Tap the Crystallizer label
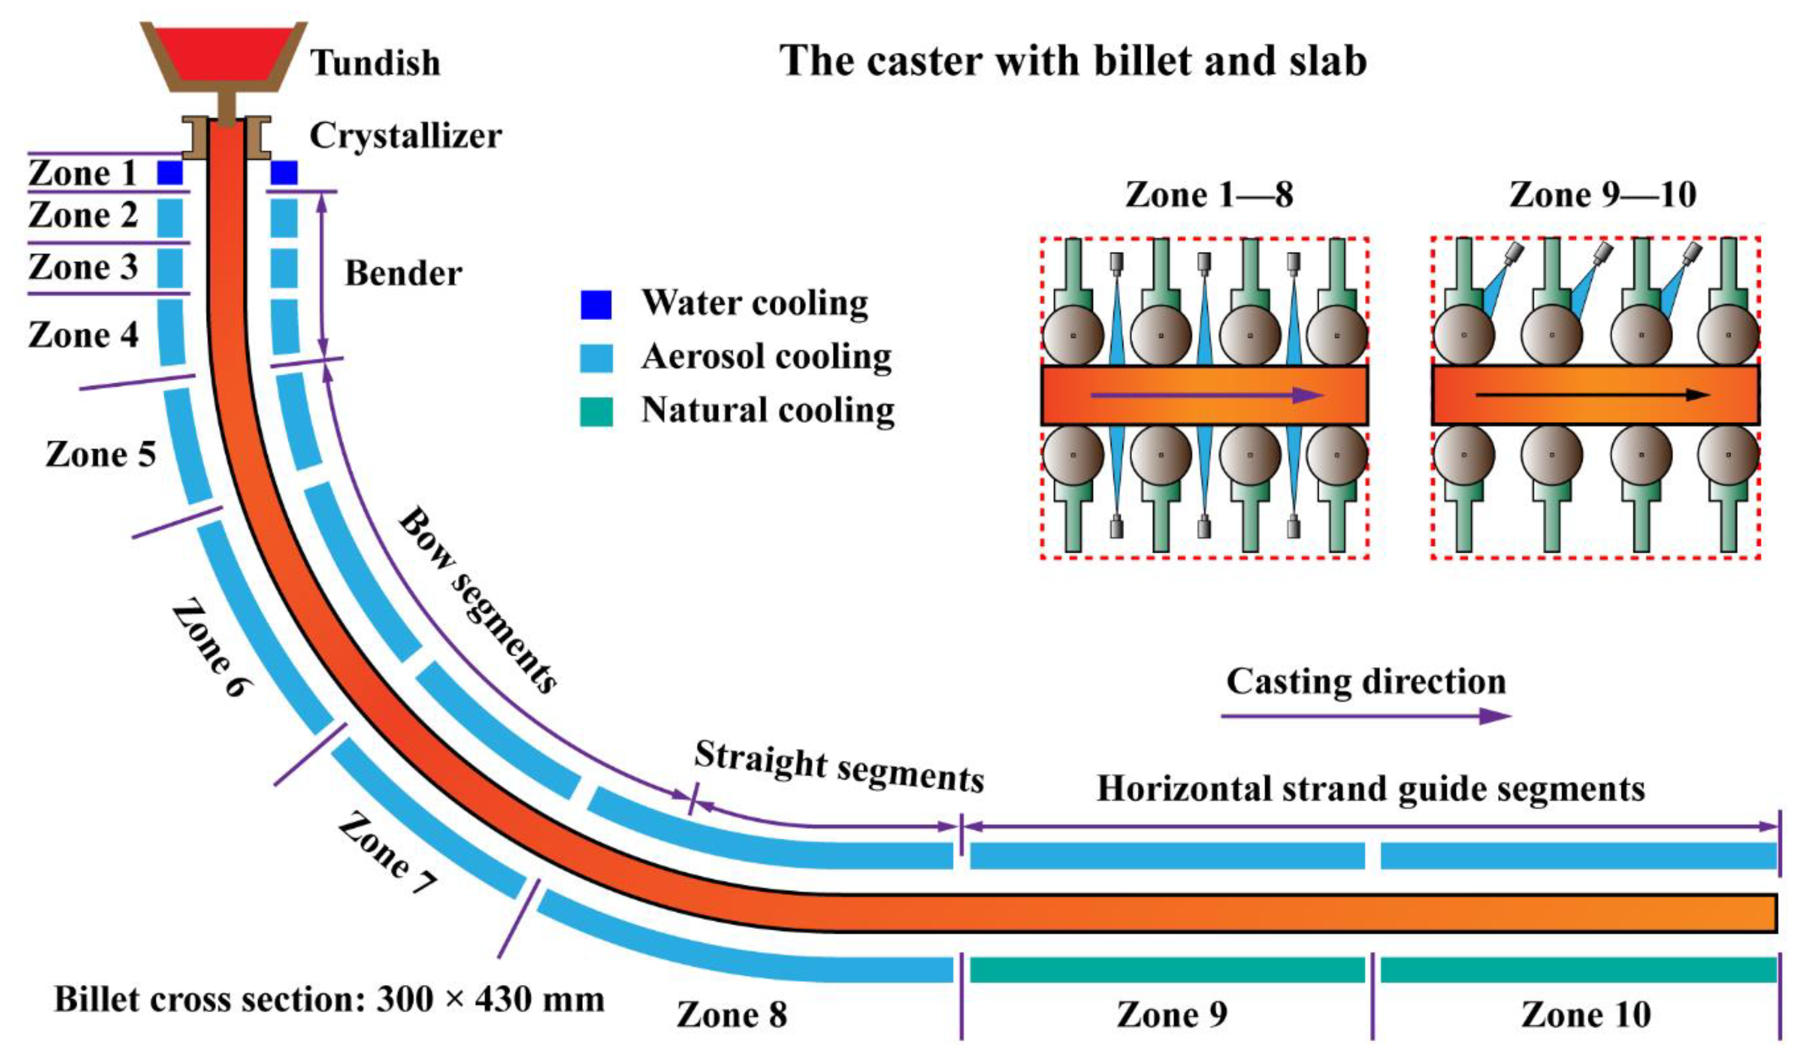coord(405,135)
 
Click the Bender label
coord(403,274)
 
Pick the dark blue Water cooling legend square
coord(595,304)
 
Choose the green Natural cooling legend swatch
coord(595,411)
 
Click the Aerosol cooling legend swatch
coord(595,358)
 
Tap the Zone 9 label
coord(1172,1014)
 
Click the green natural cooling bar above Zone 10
coord(1578,970)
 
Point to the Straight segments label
coord(839,767)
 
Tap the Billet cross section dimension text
coord(329,999)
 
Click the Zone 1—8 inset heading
coord(1209,195)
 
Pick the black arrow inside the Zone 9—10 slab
coord(1592,395)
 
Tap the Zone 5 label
coord(100,454)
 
